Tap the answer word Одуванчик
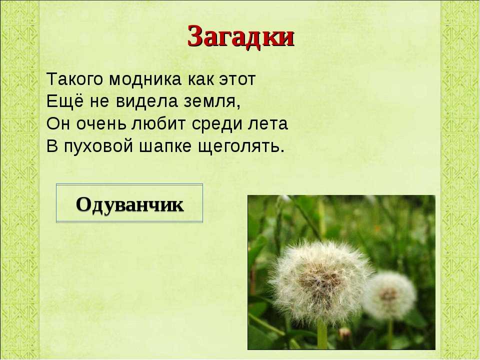click(x=130, y=205)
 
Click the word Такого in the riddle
click(x=75, y=79)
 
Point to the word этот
click(x=237, y=80)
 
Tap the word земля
click(x=212, y=102)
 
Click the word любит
click(x=159, y=123)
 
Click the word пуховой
click(x=98, y=146)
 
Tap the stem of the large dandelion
click(x=322, y=335)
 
